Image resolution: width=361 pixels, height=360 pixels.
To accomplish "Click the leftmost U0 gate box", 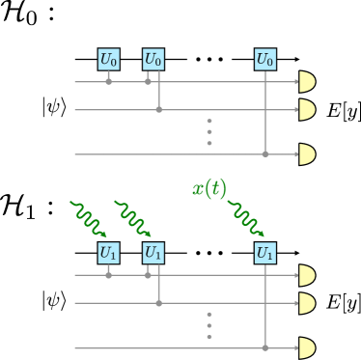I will tap(108, 60).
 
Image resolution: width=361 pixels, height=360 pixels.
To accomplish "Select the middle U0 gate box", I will tap(153, 60).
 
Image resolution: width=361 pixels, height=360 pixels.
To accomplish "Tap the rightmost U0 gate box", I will tap(264, 60).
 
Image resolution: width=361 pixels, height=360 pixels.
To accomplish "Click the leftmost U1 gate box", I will tap(108, 253).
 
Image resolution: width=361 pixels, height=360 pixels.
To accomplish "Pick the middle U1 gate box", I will tap(153, 253).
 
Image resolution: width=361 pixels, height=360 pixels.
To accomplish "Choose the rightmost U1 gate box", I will tap(264, 253).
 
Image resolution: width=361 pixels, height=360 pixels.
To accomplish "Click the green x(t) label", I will tap(208, 189).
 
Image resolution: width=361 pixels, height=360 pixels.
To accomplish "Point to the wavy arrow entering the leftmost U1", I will tap(88, 218).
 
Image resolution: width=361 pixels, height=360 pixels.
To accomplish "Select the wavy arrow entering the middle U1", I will tap(132, 218).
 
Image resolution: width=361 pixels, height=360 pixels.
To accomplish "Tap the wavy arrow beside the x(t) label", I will tap(245, 218).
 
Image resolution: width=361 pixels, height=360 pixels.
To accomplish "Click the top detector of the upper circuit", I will tap(307, 82).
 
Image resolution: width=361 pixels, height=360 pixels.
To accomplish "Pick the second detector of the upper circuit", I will tap(307, 110).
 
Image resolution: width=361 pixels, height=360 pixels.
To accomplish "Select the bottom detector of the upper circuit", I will tap(307, 154).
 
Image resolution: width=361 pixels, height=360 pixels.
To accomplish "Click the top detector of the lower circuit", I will tap(307, 276).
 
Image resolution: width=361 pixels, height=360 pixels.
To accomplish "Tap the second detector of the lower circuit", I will tap(307, 303).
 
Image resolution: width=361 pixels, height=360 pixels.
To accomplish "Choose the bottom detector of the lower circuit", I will tap(307, 347).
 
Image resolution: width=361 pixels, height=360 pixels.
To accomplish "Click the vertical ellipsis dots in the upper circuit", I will tap(209, 132).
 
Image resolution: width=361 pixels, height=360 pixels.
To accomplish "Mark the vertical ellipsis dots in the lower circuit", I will tap(209, 325).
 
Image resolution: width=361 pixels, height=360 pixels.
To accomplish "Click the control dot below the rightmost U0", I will tap(264, 154).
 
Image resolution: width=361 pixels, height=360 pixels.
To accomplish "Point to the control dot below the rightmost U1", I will tap(264, 347).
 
